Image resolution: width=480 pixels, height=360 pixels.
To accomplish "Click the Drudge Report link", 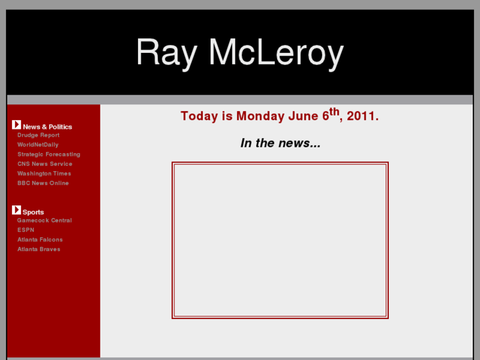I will point(38,135).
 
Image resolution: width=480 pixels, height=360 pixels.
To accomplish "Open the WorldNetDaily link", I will point(38,145).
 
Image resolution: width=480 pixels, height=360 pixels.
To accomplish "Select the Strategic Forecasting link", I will point(49,155).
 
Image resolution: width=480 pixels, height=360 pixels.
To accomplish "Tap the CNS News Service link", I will point(45,164).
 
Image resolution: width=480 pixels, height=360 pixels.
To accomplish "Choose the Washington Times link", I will point(44,174).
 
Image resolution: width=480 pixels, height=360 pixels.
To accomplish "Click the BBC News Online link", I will point(43,183).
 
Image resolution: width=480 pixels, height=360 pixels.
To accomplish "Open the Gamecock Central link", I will point(44,221).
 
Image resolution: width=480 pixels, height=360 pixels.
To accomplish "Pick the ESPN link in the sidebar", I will point(26,230).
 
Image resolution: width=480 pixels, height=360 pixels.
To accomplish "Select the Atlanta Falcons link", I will point(40,240).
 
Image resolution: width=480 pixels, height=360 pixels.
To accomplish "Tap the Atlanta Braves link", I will point(39,249).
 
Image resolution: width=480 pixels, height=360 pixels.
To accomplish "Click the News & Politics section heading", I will point(48,127).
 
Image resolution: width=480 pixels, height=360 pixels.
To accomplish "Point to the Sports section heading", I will point(33,213).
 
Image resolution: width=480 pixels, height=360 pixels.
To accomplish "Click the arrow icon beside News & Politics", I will point(17,125).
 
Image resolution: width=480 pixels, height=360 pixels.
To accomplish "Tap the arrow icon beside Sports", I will point(17,210).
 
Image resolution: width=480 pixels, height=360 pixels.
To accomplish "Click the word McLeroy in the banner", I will point(276,53).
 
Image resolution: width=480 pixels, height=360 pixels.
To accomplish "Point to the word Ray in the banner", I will point(166,54).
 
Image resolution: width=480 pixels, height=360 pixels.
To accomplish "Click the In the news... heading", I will point(281,143).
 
